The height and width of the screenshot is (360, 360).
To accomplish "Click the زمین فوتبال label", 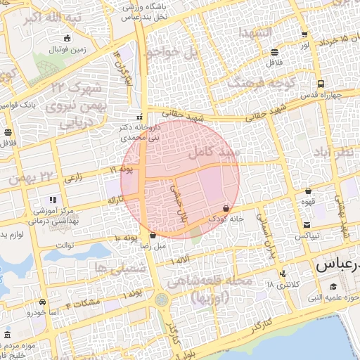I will pos(66,50).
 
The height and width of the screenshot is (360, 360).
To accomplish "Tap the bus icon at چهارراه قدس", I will pos(321,83).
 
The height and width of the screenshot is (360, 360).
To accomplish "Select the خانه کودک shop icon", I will pos(225,208).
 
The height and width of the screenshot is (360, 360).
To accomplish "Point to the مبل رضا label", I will pos(153,246).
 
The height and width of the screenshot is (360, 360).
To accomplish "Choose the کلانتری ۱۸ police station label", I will pos(282,285).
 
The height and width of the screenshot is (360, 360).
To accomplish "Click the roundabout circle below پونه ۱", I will pos(162,300).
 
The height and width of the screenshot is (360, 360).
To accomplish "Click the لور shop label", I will pos(304,44).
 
